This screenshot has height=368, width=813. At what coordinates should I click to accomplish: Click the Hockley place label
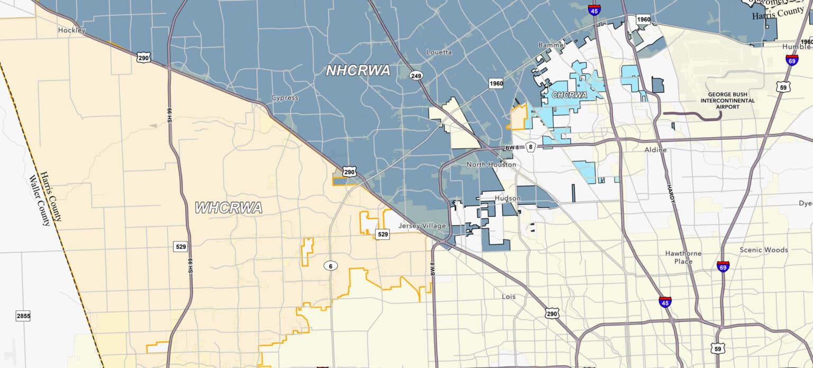pos(71,31)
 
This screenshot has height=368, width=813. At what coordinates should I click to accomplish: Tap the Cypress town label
pos(285,98)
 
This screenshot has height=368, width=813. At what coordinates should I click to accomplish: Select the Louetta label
pos(439,52)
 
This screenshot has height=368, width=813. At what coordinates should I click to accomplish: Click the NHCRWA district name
pos(358,70)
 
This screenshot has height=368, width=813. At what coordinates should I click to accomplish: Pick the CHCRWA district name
pos(570,95)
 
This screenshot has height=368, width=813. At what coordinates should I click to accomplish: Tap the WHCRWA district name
pos(229,208)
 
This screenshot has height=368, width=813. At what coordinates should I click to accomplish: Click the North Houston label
pos(491,165)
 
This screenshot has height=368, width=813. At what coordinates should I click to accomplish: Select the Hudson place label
pos(507,199)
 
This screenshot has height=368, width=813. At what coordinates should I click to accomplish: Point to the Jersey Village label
pos(422,226)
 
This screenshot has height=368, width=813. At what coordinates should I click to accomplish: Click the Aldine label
pos(655,150)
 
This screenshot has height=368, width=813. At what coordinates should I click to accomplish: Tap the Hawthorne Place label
pos(683,257)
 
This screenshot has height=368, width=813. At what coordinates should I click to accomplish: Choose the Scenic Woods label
pos(763,250)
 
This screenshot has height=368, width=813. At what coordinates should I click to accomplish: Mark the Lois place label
pos(508,297)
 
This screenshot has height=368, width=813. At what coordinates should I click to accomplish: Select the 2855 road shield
pos(23,316)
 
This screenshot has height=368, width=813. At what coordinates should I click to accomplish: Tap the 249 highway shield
pos(416,76)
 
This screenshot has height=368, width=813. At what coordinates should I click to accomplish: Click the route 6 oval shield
pos(331,266)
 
